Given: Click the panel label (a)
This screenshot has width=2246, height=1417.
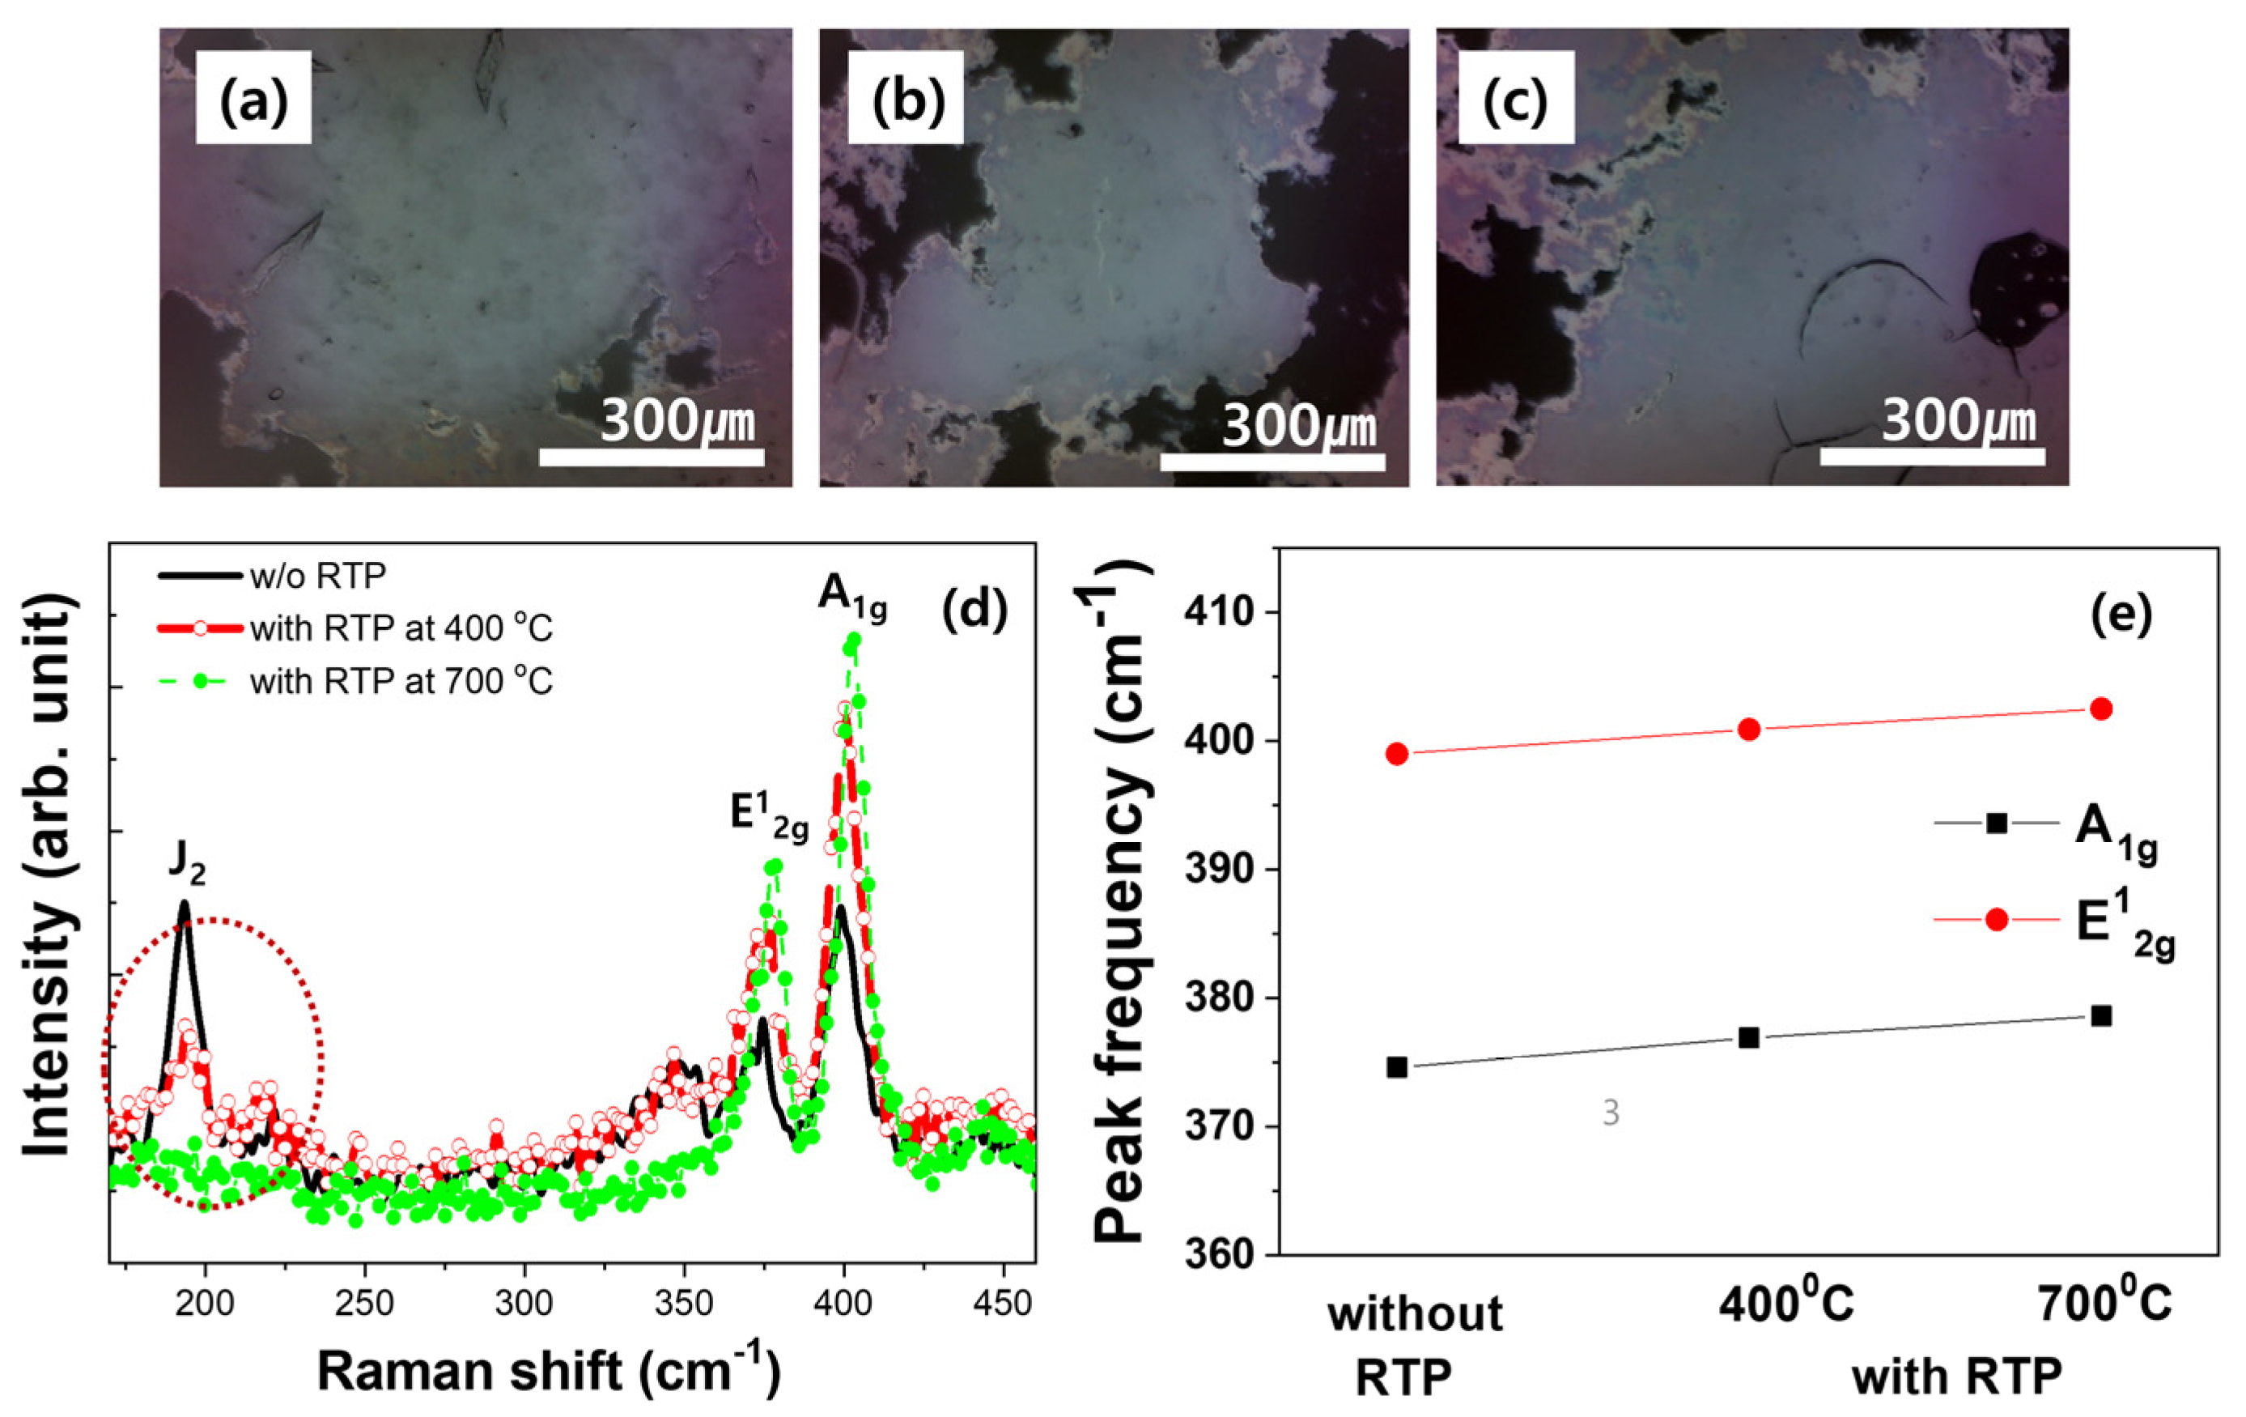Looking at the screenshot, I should coord(253,99).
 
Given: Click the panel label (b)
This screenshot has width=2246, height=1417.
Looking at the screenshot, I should coord(906,99).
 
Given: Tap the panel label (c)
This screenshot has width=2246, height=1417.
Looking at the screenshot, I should coord(1516,99).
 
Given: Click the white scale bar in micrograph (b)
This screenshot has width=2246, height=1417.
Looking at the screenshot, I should coord(1272,462).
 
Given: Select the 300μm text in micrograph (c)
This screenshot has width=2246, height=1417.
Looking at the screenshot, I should coord(1958,422).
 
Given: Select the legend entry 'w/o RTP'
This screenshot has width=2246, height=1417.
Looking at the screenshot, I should coord(317,577).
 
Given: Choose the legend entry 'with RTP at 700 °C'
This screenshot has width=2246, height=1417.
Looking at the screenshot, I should coord(401,683).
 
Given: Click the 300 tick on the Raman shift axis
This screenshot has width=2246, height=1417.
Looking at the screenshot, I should coord(524,1302).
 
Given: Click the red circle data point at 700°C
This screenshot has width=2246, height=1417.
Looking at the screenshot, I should coord(2101,709).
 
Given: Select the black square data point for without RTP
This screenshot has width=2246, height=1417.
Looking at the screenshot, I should coord(1396,1067).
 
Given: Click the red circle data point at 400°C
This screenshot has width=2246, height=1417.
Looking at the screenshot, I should coord(1749,730).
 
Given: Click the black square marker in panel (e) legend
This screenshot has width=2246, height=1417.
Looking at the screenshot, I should coord(1997,823).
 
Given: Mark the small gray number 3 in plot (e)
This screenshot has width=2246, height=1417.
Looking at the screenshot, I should coord(1611,1113).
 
